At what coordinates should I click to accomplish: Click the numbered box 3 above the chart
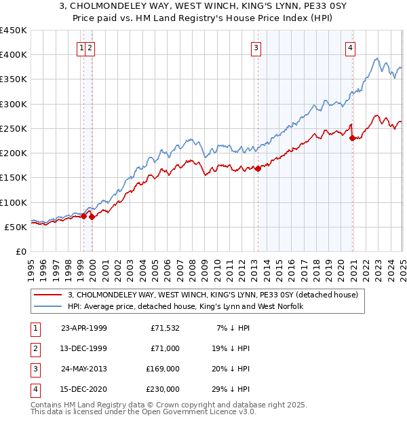tap(256, 48)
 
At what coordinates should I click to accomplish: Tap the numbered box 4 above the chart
tap(350, 48)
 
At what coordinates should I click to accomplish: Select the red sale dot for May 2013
tap(258, 169)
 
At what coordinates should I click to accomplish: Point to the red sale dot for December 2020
tap(352, 138)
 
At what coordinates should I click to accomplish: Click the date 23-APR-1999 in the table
tap(84, 329)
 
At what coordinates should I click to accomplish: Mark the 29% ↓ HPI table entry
tap(234, 390)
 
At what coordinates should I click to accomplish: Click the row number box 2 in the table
tap(35, 349)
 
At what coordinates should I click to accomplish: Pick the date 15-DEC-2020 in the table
tap(84, 390)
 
